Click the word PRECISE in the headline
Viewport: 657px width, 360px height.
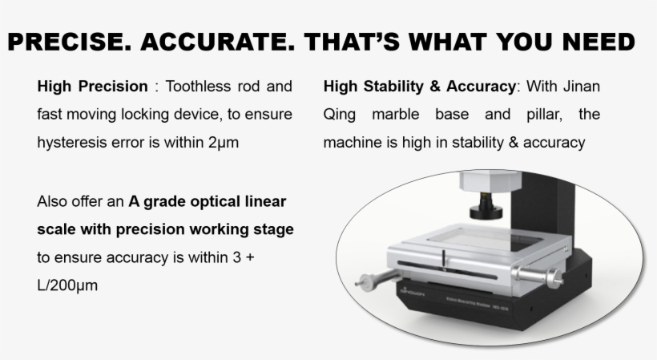(x=69, y=42)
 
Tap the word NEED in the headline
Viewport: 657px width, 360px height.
(x=599, y=42)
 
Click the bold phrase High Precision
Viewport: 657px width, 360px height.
(x=93, y=87)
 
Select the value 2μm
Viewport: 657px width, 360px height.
(x=224, y=143)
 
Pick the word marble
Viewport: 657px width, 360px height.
(x=396, y=115)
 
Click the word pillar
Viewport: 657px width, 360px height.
(x=544, y=115)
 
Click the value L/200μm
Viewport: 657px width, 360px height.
(x=67, y=285)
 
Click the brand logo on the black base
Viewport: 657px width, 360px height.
(x=413, y=292)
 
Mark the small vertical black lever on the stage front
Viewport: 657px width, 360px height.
(x=444, y=260)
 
